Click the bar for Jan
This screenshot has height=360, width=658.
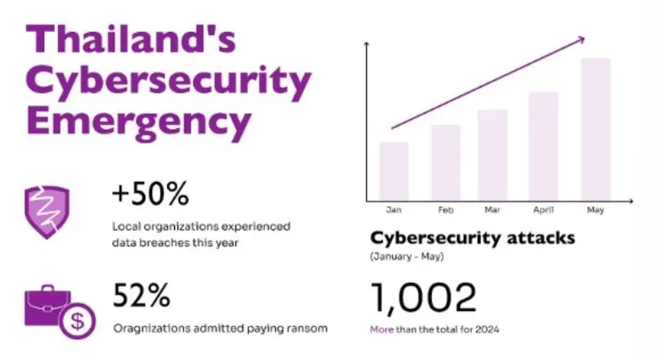coord(394,170)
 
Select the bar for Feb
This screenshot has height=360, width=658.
coord(445,162)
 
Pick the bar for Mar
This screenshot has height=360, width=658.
coord(493,154)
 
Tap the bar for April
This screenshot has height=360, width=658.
coord(543,145)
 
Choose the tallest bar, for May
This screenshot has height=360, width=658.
coord(595,128)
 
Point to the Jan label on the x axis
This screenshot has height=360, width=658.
coord(393,209)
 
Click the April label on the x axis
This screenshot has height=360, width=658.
coord(543,209)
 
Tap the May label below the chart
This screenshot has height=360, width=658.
coord(594,209)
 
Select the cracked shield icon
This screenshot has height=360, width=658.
coord(47,212)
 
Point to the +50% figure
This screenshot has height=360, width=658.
coord(149,196)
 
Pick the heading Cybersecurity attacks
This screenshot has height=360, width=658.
coord(472,237)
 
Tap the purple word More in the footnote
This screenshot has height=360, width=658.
coord(381,329)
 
